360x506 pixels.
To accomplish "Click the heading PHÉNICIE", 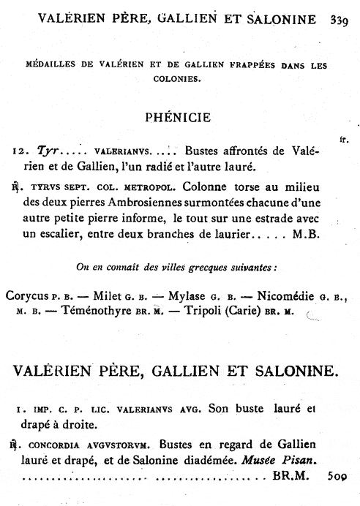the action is click(x=179, y=116).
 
